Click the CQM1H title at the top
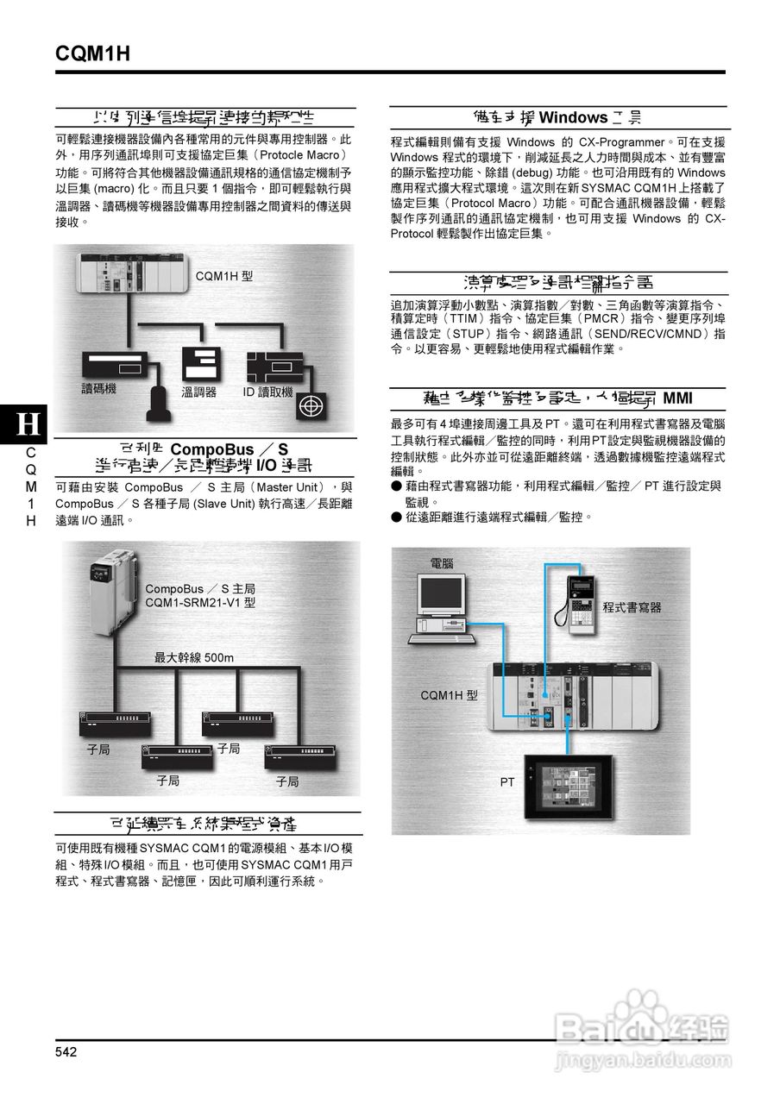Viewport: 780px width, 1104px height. (x=92, y=53)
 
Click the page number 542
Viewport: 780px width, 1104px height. (x=66, y=1051)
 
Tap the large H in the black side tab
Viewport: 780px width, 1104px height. (x=28, y=423)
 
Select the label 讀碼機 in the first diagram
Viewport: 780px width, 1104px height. (x=99, y=389)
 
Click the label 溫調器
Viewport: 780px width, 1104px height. (x=198, y=392)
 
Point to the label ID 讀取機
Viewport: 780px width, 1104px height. (x=267, y=392)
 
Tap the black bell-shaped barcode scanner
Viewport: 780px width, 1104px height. (x=160, y=398)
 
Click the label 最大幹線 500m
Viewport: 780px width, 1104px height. (x=194, y=658)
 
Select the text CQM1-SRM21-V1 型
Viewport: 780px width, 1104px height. (x=200, y=603)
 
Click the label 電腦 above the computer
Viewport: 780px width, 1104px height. (x=442, y=563)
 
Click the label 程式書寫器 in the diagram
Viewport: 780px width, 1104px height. (x=632, y=607)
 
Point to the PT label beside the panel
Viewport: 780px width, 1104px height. (x=507, y=782)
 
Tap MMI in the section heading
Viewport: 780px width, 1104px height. (x=677, y=398)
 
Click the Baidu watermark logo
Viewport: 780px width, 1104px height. (x=643, y=1029)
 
